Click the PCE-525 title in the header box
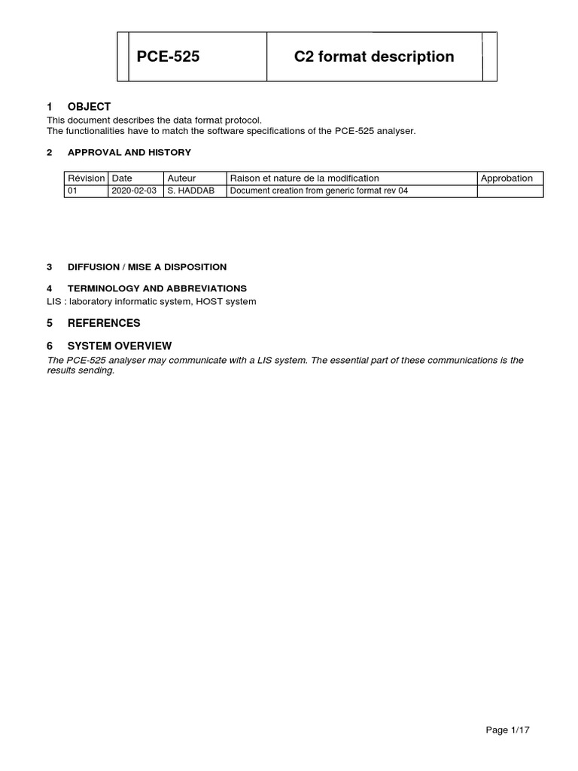168,56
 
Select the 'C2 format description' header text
374,56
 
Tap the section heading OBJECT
89,107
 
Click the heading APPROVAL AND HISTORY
129,152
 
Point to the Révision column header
87,178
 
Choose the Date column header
122,178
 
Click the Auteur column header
181,178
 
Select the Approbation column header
507,178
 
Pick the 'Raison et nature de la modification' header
305,178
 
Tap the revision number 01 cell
73,191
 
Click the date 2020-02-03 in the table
134,191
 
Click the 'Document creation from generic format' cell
318,191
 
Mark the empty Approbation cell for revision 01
510,191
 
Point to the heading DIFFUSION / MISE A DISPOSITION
147,267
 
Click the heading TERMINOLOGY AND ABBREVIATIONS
157,288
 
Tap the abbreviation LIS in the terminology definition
54,302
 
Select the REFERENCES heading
104,323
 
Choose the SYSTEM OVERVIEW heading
120,346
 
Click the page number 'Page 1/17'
509,730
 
